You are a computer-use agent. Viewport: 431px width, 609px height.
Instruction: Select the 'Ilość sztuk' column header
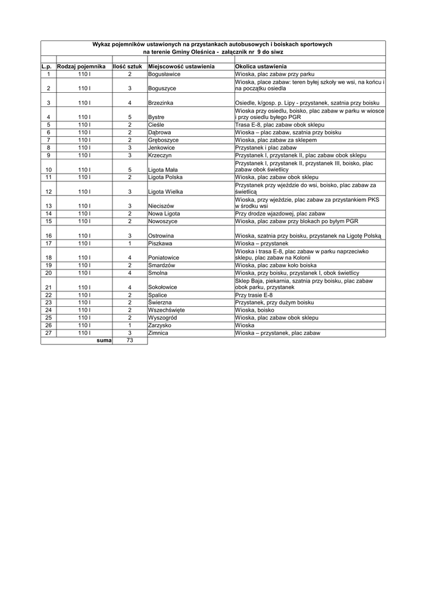127,67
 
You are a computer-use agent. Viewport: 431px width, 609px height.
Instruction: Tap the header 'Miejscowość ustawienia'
181,67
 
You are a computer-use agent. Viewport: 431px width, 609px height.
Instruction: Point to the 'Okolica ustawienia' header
261,67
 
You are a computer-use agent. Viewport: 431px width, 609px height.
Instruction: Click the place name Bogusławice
164,74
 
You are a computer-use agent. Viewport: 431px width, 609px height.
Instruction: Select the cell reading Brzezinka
161,103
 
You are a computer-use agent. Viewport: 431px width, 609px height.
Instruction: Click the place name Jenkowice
161,147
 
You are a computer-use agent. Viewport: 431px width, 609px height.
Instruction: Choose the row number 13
48,206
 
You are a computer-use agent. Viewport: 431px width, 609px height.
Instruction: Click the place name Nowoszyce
163,221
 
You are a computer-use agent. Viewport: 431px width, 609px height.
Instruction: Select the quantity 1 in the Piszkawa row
129,243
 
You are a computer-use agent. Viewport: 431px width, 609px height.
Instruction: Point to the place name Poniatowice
164,258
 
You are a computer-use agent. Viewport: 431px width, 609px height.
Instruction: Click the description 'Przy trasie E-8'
254,295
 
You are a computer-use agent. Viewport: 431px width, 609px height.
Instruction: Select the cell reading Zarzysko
160,325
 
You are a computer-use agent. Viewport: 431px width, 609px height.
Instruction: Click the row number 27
48,333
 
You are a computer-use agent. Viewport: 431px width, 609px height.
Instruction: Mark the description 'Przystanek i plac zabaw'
266,147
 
